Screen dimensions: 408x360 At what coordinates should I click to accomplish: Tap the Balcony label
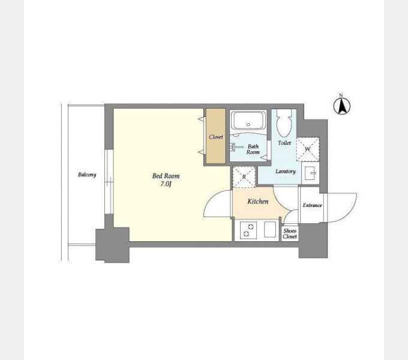[x=87, y=175]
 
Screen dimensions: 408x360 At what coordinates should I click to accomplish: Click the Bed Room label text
[x=166, y=176]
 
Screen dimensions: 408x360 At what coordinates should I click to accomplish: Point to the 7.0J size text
[x=166, y=184]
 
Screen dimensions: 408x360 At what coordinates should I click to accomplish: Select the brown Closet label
[x=216, y=137]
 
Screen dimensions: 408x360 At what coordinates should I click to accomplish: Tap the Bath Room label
[x=253, y=149]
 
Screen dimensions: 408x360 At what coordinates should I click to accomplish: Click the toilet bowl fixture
[x=284, y=123]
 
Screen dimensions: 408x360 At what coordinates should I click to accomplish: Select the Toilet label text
[x=284, y=143]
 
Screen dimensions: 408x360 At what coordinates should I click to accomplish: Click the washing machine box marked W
[x=308, y=149]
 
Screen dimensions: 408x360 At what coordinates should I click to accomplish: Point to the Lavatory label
[x=286, y=172]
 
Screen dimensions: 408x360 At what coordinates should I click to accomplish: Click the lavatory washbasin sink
[x=310, y=173]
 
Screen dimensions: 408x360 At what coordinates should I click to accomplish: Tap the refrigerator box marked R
[x=244, y=177]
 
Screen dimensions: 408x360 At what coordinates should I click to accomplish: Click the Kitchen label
[x=258, y=202]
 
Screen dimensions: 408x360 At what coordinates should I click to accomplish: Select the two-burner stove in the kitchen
[x=248, y=230]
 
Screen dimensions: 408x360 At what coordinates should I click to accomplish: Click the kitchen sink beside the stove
[x=270, y=229]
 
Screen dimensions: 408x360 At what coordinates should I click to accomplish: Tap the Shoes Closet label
[x=290, y=233]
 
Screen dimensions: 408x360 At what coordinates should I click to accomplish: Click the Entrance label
[x=312, y=205]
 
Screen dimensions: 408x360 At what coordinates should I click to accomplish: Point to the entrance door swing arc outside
[x=351, y=211]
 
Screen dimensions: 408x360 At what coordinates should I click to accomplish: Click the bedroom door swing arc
[x=209, y=199]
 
